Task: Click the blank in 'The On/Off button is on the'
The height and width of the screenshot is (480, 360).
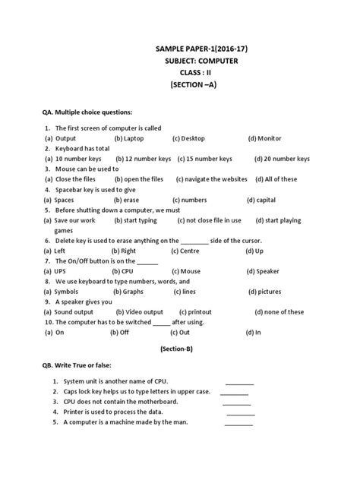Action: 149,261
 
